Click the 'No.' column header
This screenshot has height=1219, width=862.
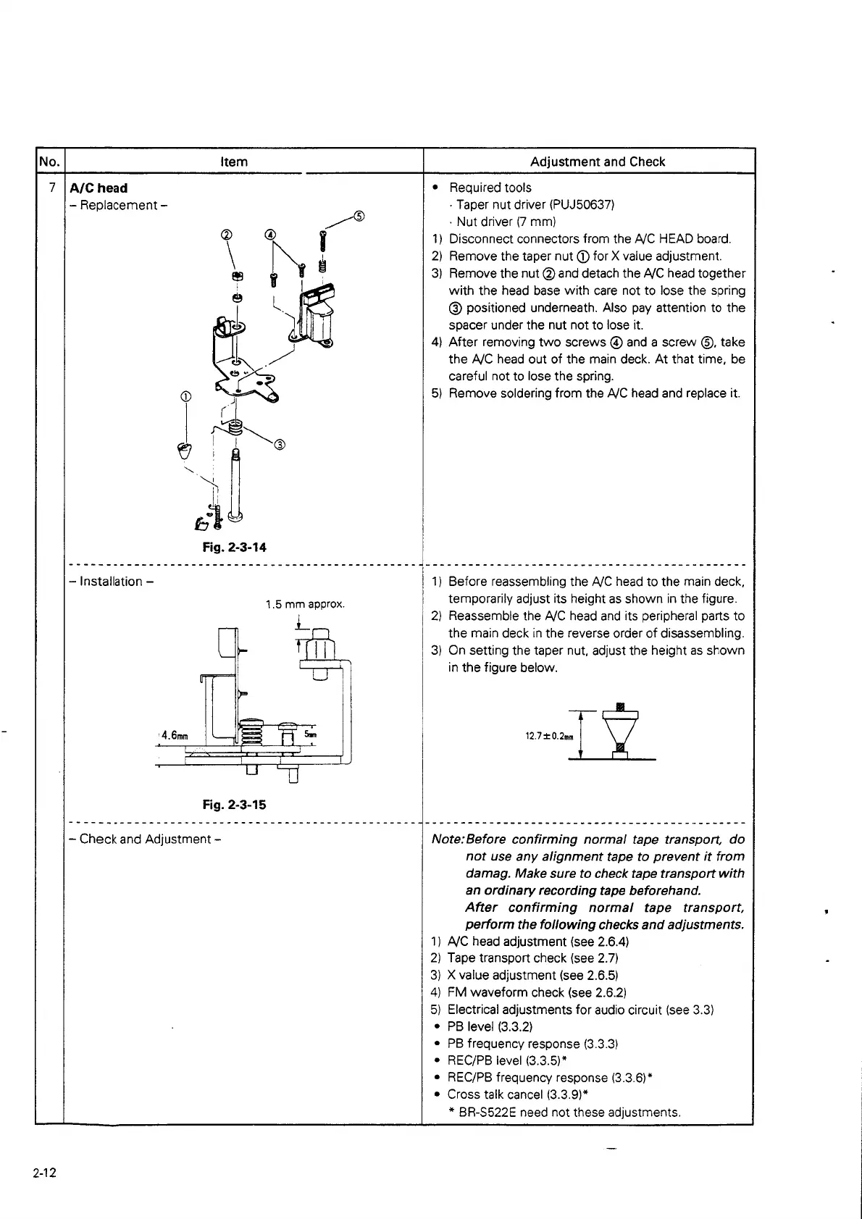pyautogui.click(x=50, y=162)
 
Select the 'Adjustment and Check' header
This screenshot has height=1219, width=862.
pyautogui.click(x=597, y=162)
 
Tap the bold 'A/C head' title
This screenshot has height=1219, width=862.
pyautogui.click(x=99, y=188)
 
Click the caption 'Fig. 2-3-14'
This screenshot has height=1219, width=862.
pyautogui.click(x=234, y=548)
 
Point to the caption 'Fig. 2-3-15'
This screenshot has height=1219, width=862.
pyautogui.click(x=234, y=805)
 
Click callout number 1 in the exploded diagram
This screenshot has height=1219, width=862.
pyautogui.click(x=186, y=396)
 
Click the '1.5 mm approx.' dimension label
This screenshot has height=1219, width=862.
pyautogui.click(x=305, y=604)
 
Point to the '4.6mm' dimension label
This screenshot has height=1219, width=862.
pyautogui.click(x=175, y=736)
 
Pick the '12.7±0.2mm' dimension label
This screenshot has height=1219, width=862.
pyautogui.click(x=549, y=737)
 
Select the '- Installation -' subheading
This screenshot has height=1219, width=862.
pyautogui.click(x=111, y=582)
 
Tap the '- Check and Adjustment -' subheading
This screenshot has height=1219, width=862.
pyautogui.click(x=145, y=839)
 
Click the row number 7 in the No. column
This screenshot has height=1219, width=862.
pyautogui.click(x=52, y=188)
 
